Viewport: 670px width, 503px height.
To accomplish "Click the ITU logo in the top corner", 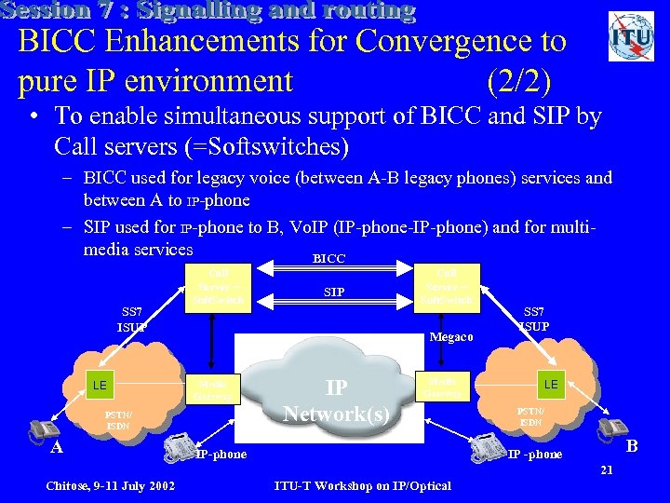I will (x=630, y=37).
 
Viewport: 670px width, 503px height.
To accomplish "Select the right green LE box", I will (x=551, y=383).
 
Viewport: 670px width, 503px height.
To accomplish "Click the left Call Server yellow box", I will (x=217, y=287).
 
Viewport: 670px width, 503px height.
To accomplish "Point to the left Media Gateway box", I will (x=215, y=388).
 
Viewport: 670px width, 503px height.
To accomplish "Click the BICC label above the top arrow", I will (x=328, y=258).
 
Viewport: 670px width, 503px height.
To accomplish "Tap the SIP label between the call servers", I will (x=334, y=292).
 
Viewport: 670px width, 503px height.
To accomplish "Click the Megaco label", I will (x=452, y=338).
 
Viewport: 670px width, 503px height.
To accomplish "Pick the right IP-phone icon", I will (x=489, y=448).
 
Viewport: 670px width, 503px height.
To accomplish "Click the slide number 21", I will (x=606, y=469).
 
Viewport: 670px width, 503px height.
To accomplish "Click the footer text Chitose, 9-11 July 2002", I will (x=109, y=485).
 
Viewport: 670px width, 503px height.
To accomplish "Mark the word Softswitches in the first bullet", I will (x=282, y=146).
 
